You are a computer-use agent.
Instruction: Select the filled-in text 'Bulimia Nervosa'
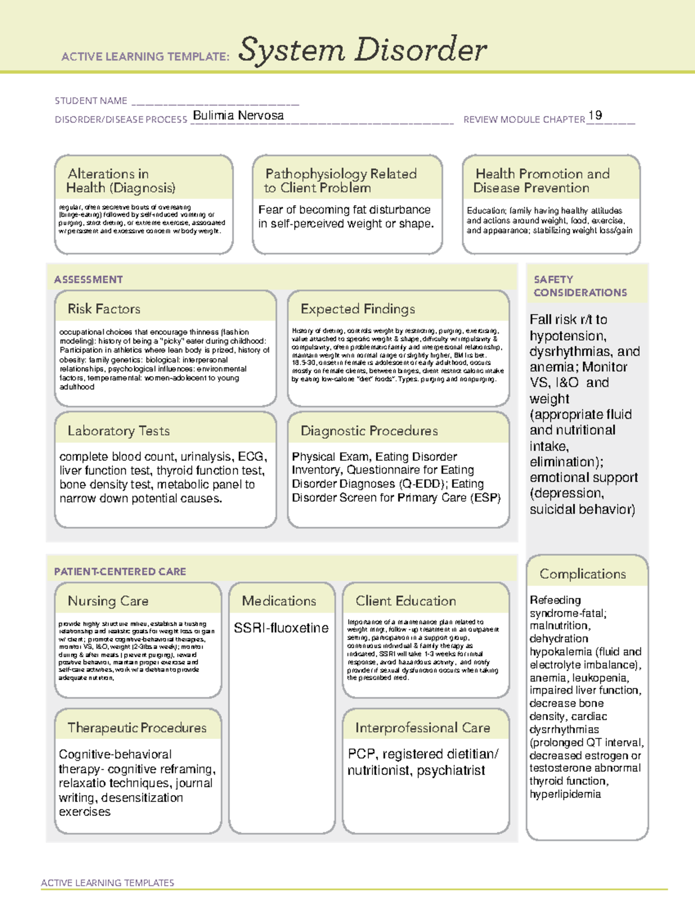tap(238, 115)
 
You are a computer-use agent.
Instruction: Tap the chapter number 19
tap(595, 115)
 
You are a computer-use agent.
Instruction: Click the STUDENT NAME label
tap(91, 101)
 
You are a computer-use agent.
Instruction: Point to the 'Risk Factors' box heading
tap(104, 309)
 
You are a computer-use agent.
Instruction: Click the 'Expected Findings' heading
tap(357, 309)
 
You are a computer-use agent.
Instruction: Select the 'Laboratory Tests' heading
tap(118, 431)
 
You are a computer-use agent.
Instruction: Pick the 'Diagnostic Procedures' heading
tap(369, 431)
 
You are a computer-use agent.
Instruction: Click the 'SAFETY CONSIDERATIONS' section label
tap(580, 286)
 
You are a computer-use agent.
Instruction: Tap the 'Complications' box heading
tap(583, 574)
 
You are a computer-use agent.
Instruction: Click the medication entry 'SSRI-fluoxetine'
tap(281, 628)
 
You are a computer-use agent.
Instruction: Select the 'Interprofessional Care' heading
tap(422, 728)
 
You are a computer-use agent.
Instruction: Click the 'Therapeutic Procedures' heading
tap(137, 728)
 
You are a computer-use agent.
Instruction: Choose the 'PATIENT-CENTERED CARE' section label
tap(120, 571)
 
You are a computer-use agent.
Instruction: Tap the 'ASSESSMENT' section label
tap(88, 279)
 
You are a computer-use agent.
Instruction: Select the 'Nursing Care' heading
tap(108, 601)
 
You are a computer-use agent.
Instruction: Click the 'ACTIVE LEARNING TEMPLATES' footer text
tap(107, 883)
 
